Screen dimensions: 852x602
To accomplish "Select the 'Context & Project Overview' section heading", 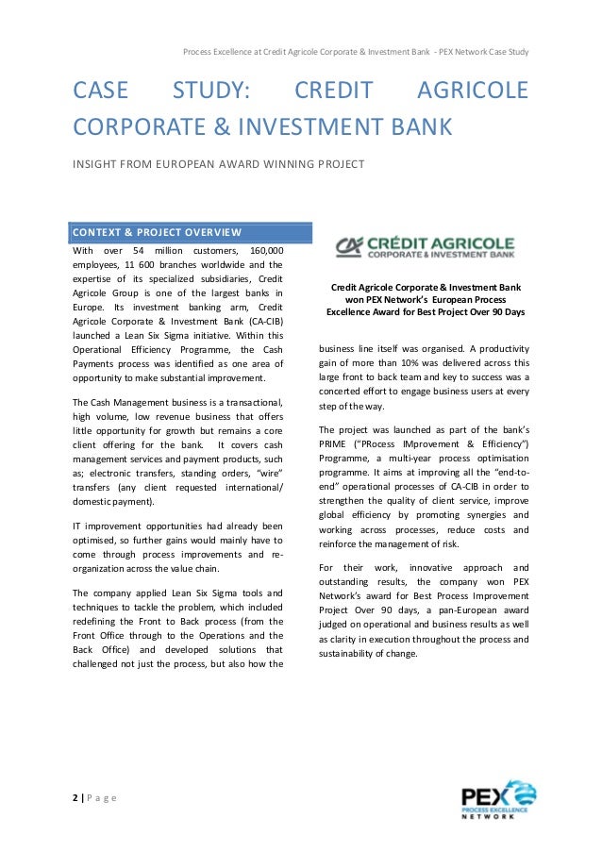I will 158,233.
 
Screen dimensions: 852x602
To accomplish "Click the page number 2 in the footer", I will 75,797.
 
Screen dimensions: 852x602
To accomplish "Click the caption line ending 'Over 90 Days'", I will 426,310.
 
